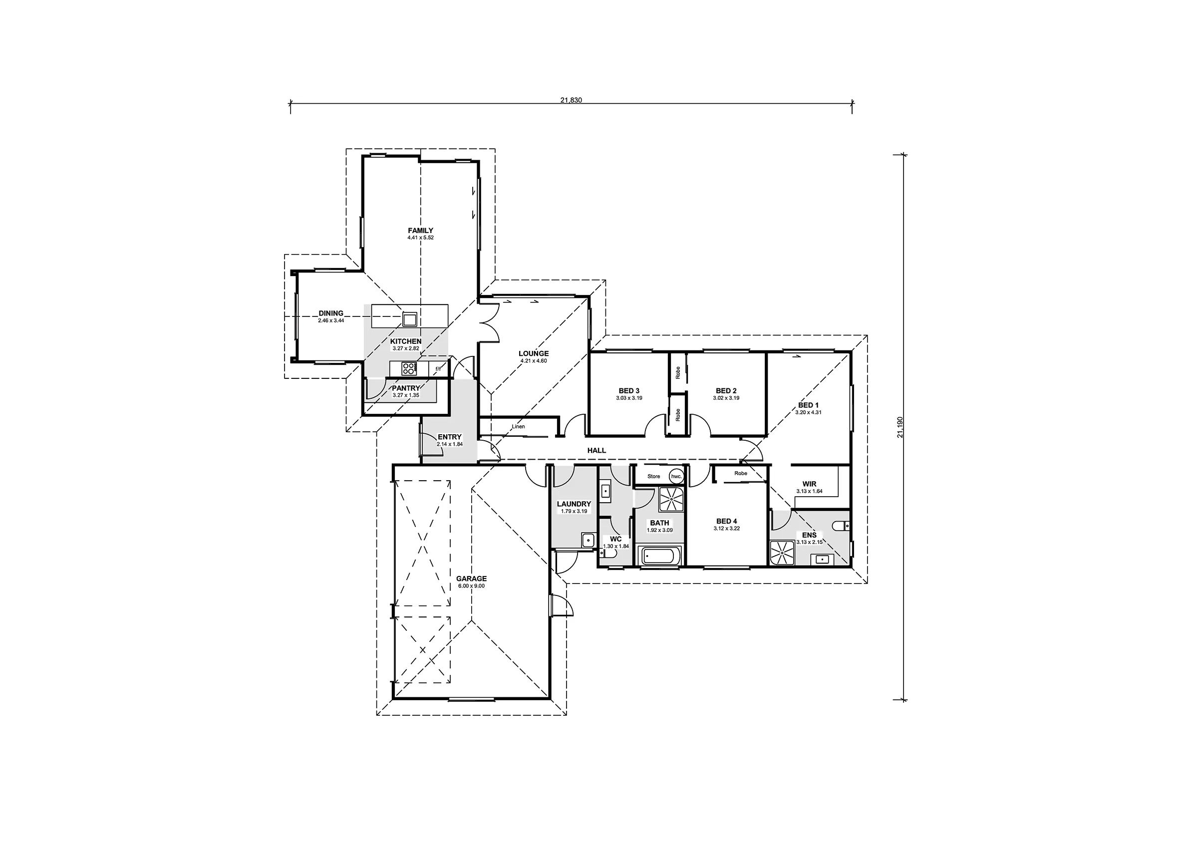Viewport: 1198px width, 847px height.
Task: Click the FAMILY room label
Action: pos(421,230)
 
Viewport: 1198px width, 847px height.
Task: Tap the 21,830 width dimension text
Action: pos(571,100)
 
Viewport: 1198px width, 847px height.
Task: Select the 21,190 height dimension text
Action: pos(900,427)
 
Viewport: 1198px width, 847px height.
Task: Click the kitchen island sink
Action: pos(409,318)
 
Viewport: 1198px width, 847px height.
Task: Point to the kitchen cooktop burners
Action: pos(409,369)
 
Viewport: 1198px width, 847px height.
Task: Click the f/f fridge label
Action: pos(438,369)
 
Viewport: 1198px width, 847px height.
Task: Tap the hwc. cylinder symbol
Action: pos(677,476)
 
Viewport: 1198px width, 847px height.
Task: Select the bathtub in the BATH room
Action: pos(660,557)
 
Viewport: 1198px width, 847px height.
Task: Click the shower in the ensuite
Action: pos(783,553)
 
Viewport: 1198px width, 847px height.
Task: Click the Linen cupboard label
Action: pos(518,426)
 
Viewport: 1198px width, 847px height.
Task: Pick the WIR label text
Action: pos(809,484)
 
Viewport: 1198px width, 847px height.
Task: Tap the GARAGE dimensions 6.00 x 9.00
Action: pos(471,586)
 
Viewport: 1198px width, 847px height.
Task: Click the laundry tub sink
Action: pos(588,540)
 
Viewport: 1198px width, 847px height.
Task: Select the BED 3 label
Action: pos(629,390)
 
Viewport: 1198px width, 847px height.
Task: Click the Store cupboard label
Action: pos(653,476)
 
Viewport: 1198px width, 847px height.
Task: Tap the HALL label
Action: pos(597,450)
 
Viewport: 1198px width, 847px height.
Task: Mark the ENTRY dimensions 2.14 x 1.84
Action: pos(450,445)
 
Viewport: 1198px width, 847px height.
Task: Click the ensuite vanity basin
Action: pos(822,560)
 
